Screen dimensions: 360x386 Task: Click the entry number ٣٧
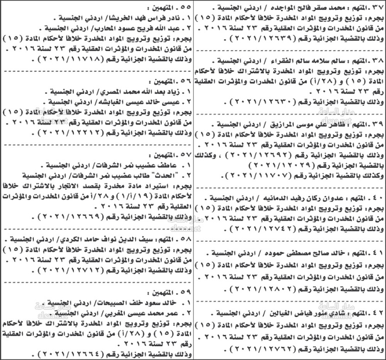point(374,7)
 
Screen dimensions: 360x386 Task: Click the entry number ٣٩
point(374,124)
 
